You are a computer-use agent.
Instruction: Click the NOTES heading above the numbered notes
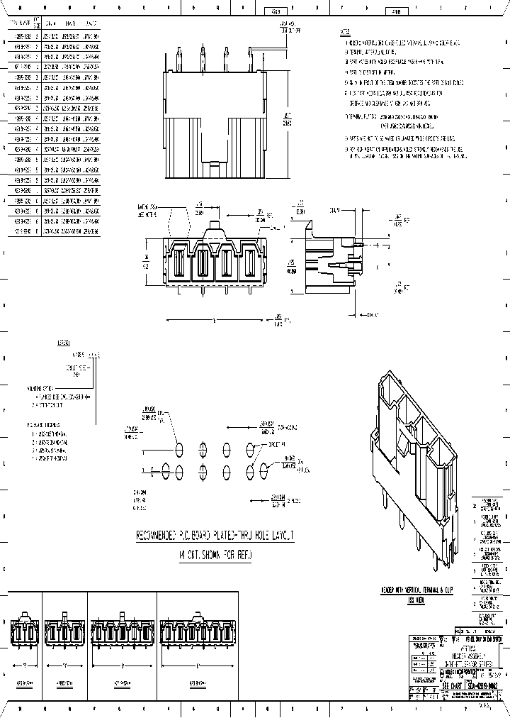tap(345, 33)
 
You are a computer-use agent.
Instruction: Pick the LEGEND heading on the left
tap(64, 343)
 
